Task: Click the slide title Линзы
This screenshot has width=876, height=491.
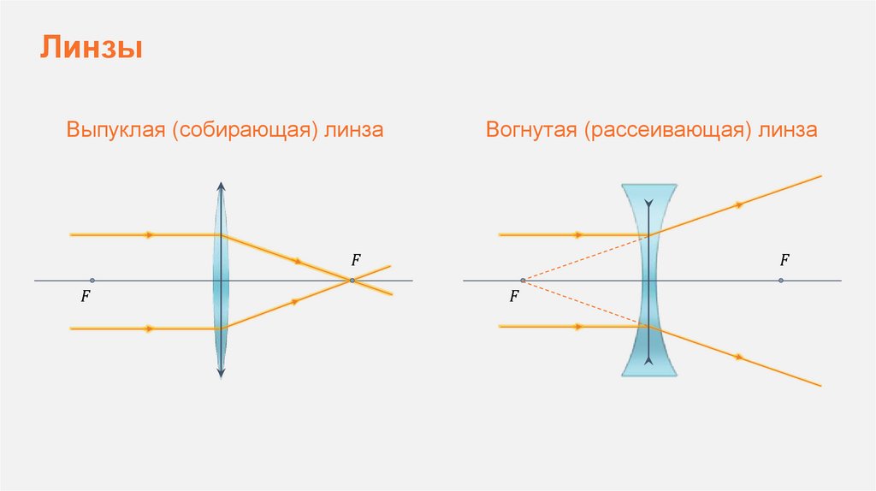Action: coord(91,47)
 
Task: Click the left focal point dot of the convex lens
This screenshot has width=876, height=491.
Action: coord(92,281)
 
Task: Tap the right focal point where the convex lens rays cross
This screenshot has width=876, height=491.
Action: coord(352,281)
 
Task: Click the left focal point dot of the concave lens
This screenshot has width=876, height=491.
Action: coord(523,281)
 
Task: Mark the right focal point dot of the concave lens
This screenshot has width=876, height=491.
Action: coord(781,281)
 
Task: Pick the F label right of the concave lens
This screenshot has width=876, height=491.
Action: coord(784,259)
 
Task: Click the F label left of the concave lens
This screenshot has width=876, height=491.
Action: coord(514,298)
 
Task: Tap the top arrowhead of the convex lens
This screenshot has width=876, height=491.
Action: coord(221,186)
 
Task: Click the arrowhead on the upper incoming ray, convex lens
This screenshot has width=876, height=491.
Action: coord(151,234)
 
